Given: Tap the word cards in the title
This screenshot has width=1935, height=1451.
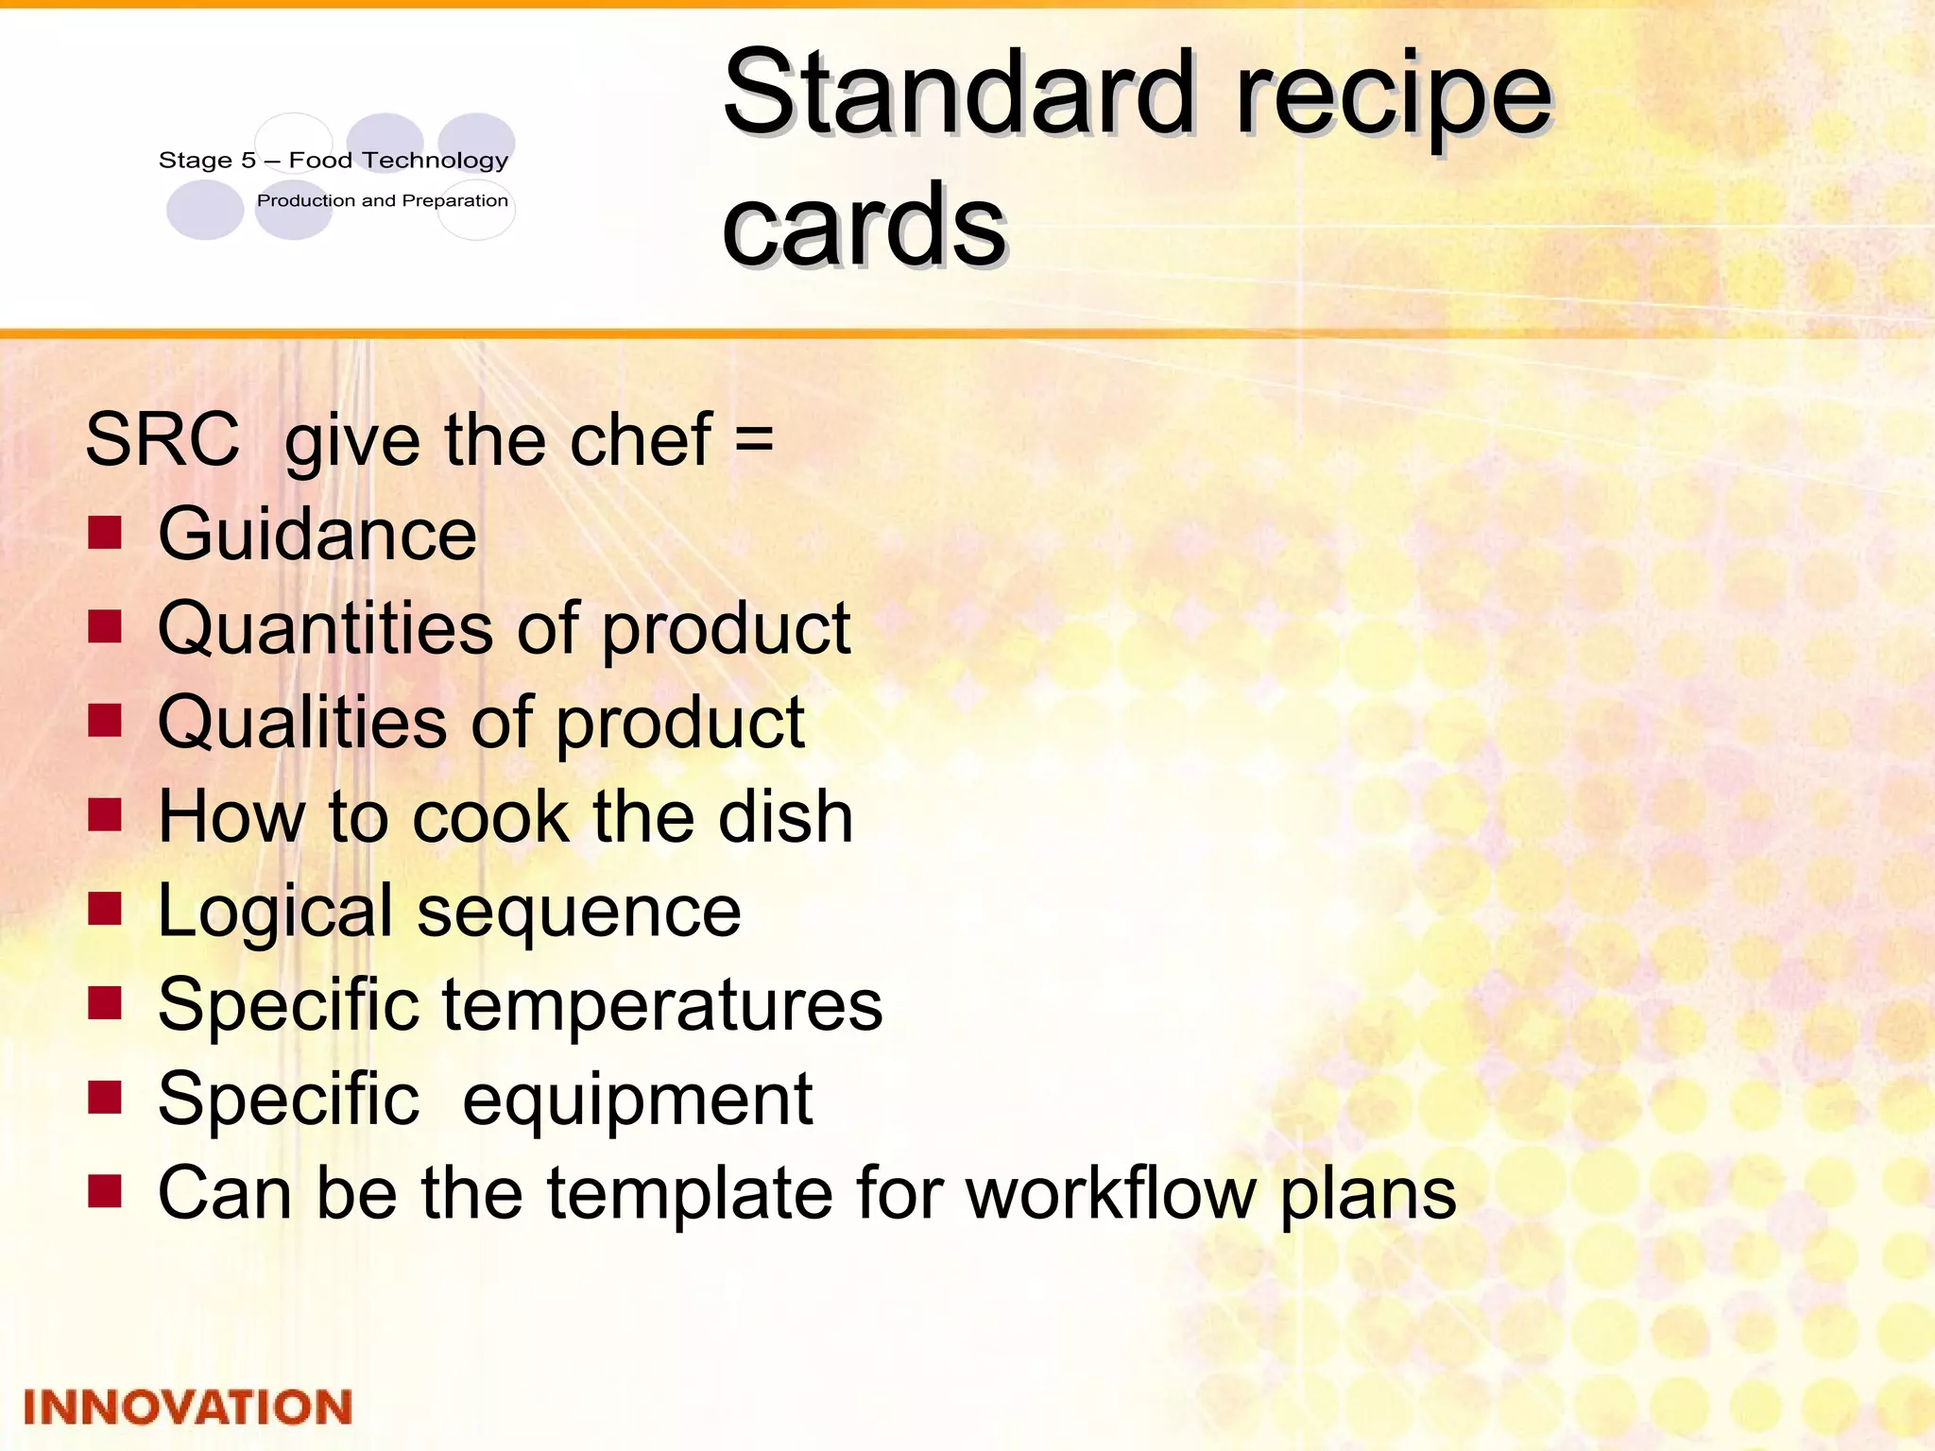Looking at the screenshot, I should [x=864, y=225].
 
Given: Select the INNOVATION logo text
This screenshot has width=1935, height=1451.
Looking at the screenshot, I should [x=187, y=1407].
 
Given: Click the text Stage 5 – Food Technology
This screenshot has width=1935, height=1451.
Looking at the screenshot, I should [x=334, y=161].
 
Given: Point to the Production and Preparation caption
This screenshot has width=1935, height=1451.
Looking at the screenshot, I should [x=383, y=200].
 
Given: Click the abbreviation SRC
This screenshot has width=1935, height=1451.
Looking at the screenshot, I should [x=163, y=439].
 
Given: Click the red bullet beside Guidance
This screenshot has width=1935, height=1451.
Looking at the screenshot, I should [x=105, y=532].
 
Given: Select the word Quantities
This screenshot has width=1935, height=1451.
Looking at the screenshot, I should [x=325, y=629].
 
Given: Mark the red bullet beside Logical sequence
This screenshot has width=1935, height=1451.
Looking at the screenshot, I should [x=105, y=909].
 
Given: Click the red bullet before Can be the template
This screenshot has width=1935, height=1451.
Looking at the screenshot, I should [x=105, y=1191].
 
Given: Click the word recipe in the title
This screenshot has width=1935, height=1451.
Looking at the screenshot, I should [x=1394, y=94].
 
